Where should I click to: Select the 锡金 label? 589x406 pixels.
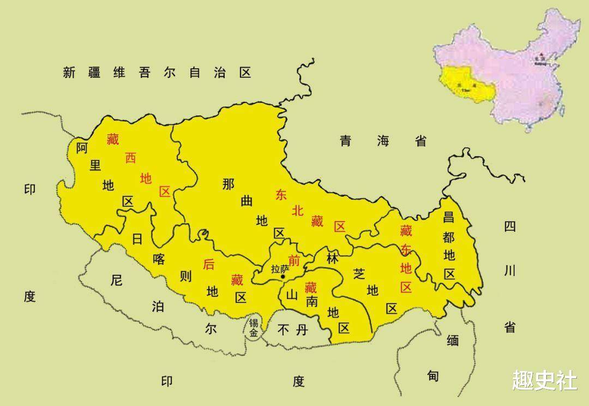pos(254,327)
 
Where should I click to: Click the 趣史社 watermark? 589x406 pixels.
pos(544,380)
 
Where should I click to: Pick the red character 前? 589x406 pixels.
pos(294,260)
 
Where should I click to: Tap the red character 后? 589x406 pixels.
pos(208,264)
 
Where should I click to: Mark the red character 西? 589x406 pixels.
pos(130,158)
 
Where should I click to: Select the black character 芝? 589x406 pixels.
pos(358,273)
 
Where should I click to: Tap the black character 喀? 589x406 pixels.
pos(159,259)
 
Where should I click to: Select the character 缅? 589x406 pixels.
pos(453,341)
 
